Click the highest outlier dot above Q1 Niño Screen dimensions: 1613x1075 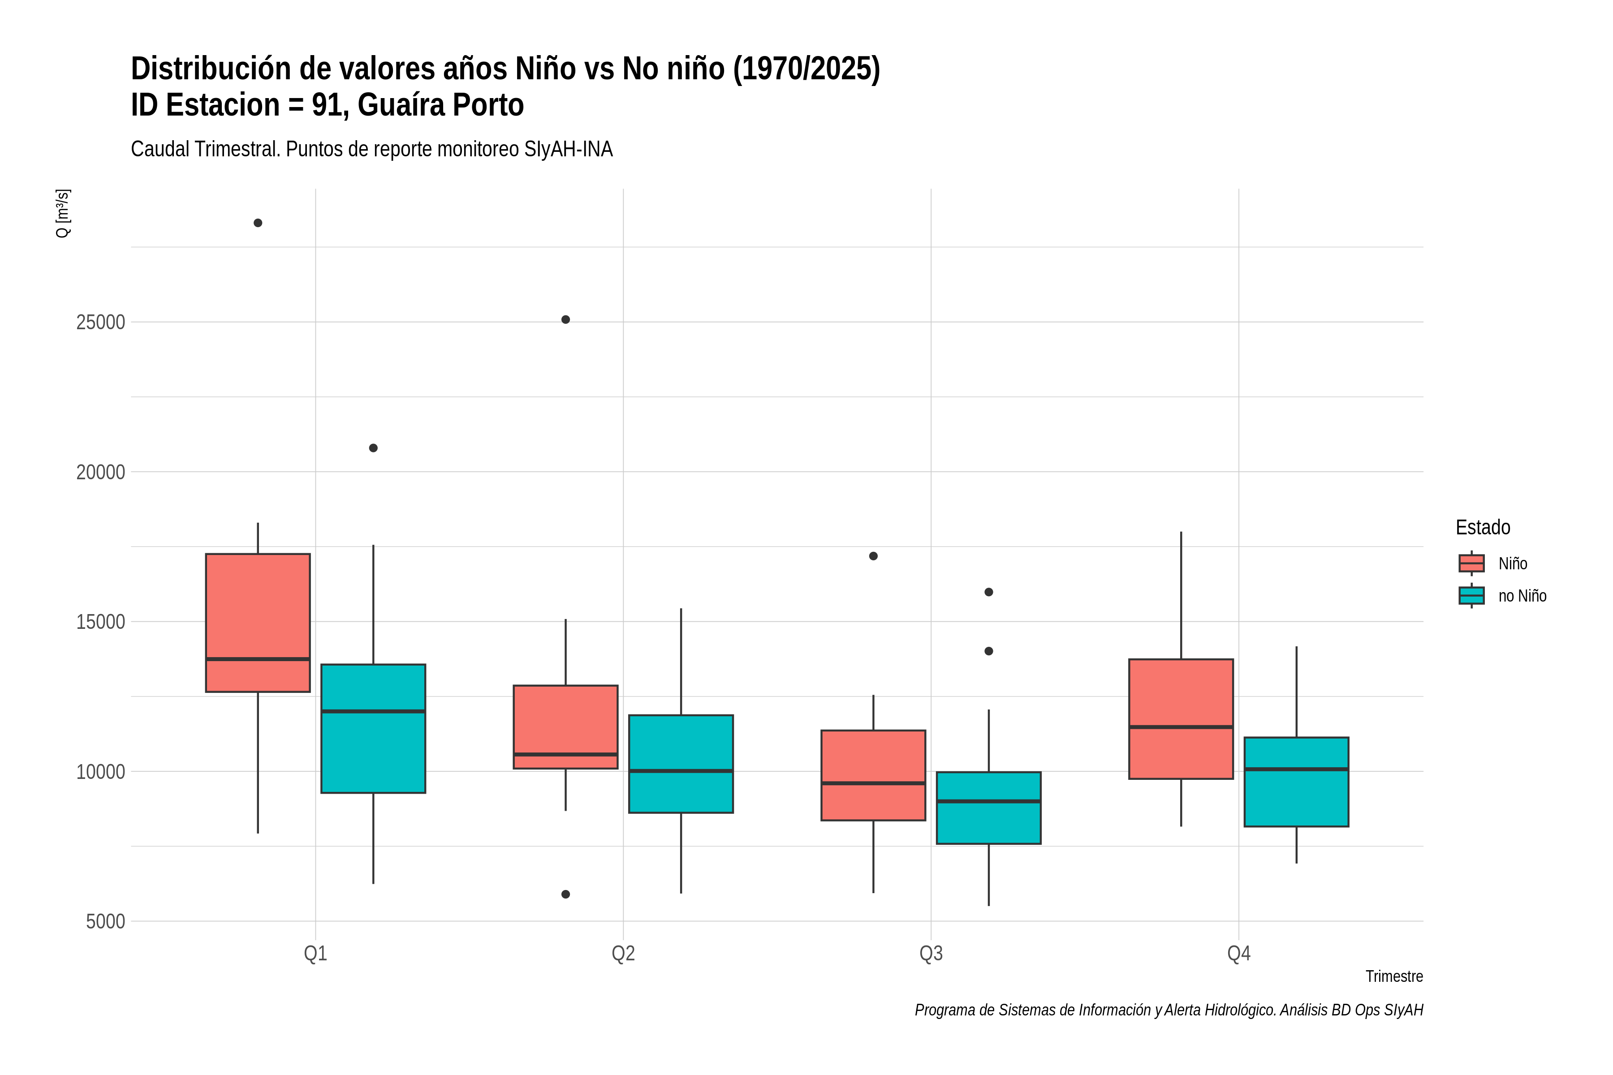[x=258, y=223]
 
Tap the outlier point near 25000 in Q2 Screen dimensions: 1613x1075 [x=566, y=319]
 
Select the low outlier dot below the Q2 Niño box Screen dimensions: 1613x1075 [x=566, y=894]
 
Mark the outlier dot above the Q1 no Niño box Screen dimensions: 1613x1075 [x=373, y=447]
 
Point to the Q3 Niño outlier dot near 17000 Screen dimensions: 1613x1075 [x=873, y=556]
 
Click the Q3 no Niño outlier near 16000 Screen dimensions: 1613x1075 [x=989, y=592]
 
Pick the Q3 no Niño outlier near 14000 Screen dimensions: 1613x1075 [x=989, y=651]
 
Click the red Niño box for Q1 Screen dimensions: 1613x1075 [x=258, y=623]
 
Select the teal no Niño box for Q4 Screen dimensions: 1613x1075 [x=1296, y=782]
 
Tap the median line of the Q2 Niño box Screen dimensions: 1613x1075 [x=566, y=754]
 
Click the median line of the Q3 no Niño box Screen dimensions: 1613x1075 [x=989, y=801]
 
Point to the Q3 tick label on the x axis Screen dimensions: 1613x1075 [x=931, y=954]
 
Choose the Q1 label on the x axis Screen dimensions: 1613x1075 [x=315, y=954]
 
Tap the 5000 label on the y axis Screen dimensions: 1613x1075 [x=106, y=921]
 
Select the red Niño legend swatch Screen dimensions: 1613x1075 [x=1472, y=563]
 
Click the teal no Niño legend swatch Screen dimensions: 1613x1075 [x=1472, y=595]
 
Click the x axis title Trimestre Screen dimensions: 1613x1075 [x=1394, y=976]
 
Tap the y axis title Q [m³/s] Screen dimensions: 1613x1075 [x=62, y=213]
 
